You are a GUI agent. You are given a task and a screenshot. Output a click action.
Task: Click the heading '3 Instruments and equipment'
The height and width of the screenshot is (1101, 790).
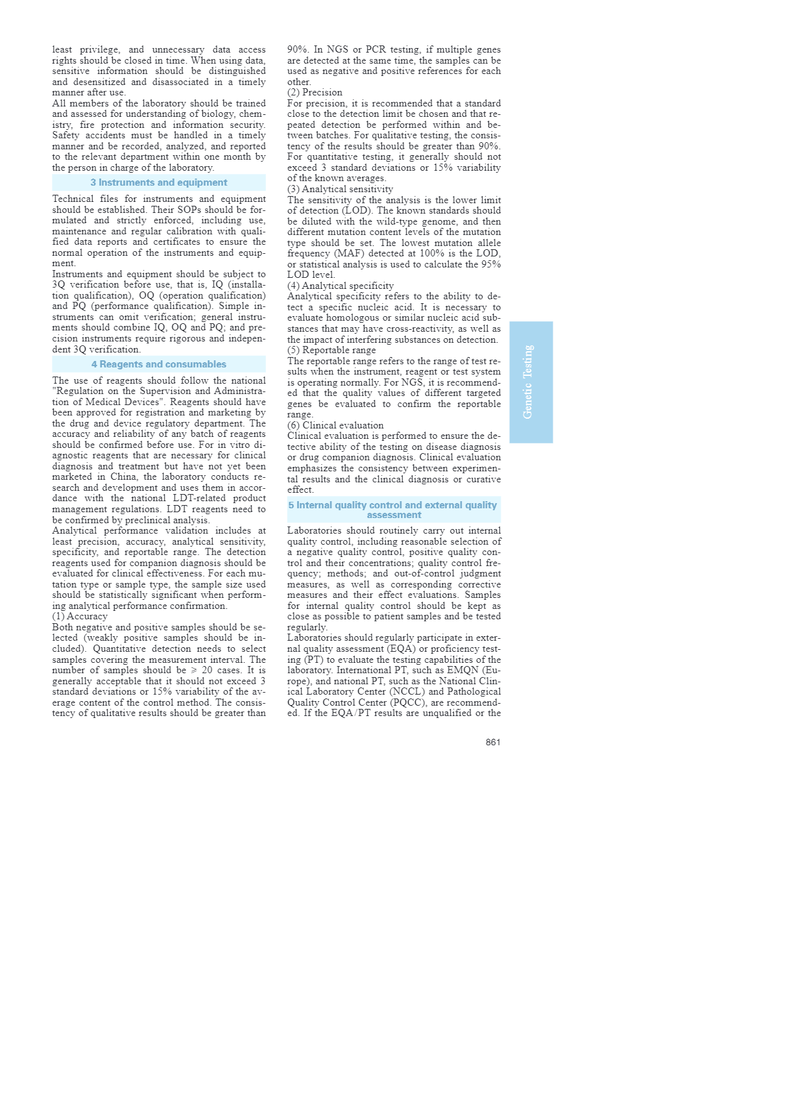coord(159,182)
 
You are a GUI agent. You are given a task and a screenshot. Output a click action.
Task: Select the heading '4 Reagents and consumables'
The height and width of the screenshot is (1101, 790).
coord(159,364)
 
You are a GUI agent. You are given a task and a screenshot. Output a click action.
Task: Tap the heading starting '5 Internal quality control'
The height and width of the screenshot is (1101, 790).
coord(393,510)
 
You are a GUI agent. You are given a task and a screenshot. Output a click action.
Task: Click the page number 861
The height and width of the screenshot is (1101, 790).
coord(493,742)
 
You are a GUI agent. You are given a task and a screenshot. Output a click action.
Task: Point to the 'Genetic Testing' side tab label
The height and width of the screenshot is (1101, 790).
coord(529,382)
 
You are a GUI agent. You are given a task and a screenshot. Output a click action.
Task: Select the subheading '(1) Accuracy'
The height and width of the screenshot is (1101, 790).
coord(80,616)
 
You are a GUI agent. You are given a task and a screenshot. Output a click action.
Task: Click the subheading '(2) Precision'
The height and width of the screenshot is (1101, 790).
coord(315,92)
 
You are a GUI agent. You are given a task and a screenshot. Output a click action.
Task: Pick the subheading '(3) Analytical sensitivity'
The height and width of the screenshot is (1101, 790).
coord(340,189)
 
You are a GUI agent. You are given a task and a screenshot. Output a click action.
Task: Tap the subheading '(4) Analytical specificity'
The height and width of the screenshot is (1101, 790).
coord(340,286)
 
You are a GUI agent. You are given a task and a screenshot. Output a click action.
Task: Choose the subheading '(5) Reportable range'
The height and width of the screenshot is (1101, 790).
coord(331,350)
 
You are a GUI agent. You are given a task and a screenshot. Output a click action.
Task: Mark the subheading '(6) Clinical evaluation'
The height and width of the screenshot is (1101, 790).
coord(335,425)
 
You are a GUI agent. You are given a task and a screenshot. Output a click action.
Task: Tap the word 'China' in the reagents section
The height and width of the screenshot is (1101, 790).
coord(123,476)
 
